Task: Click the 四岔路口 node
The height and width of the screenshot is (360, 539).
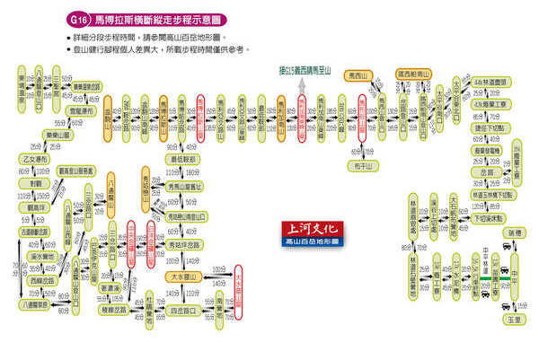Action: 182,310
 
